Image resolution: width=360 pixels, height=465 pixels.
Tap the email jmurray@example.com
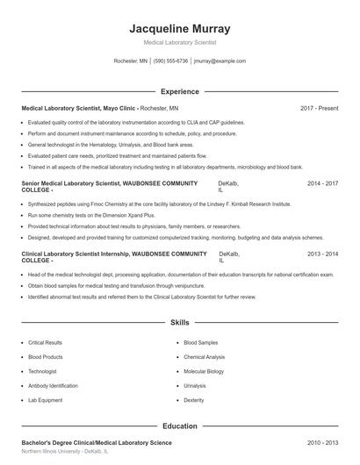click(x=220, y=61)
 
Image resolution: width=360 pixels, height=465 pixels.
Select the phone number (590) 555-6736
click(x=170, y=61)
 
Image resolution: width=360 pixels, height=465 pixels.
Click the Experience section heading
click(x=179, y=91)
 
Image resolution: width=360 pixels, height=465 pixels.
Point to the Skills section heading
click(x=179, y=323)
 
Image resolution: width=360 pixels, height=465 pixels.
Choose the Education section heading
click(x=179, y=426)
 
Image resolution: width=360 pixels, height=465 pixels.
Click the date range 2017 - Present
click(x=319, y=108)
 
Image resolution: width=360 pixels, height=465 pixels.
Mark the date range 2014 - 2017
click(x=322, y=184)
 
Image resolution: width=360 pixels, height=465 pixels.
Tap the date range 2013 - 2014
click(x=322, y=254)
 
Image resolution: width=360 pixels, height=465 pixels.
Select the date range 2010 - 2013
click(x=322, y=443)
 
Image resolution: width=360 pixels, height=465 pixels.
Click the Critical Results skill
click(x=46, y=343)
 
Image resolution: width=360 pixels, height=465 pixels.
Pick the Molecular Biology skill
click(x=204, y=371)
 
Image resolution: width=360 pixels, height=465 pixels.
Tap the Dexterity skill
click(x=194, y=399)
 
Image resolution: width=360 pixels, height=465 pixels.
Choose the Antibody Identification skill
click(x=53, y=385)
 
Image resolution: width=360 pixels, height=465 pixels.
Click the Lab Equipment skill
click(x=45, y=399)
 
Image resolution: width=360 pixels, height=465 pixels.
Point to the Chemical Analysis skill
click(x=205, y=357)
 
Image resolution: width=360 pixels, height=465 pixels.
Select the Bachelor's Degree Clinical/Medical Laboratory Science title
click(x=97, y=443)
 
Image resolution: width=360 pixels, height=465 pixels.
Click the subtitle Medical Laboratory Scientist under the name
click(x=179, y=42)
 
